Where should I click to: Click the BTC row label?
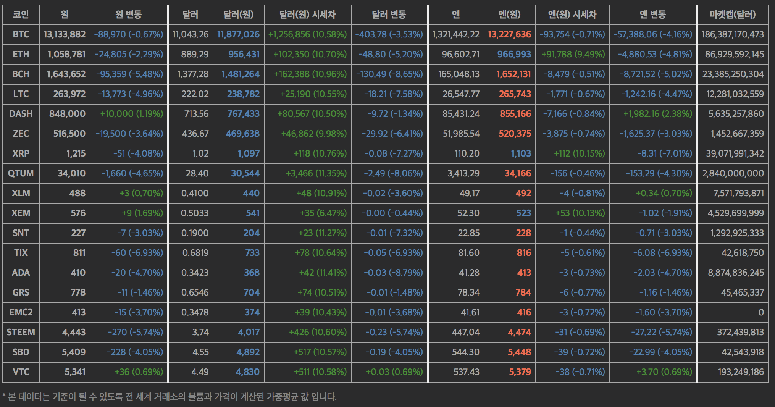tap(21, 34)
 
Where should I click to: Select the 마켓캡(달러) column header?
tap(733, 15)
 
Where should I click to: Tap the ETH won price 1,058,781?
tap(66, 54)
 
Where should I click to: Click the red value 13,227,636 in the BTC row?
tap(509, 34)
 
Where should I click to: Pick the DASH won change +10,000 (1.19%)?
tap(131, 114)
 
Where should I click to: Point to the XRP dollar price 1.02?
tap(200, 153)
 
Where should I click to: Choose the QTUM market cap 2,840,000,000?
tap(733, 173)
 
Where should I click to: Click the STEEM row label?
tap(21, 332)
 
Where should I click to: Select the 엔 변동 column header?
tap(653, 15)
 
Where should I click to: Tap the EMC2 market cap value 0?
tap(761, 312)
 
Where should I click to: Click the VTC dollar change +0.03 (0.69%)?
tap(394, 372)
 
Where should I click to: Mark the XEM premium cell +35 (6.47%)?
tap(323, 213)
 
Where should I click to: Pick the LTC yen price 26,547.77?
tap(461, 94)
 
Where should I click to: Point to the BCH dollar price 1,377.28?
tap(193, 74)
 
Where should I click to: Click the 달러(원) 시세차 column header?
tap(307, 15)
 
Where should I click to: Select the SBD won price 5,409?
tap(74, 352)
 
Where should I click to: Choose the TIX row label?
tap(21, 253)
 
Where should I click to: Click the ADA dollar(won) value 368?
tap(252, 273)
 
